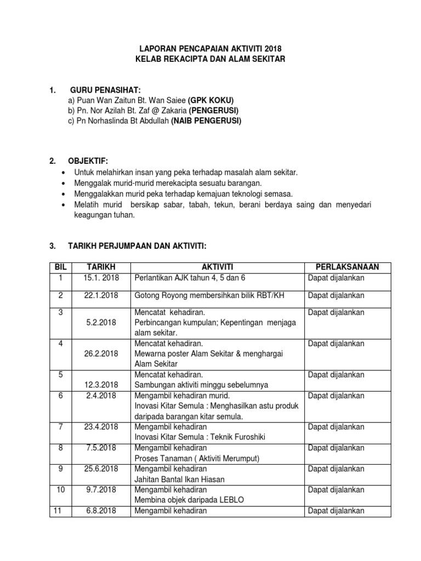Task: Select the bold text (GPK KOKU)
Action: (211, 101)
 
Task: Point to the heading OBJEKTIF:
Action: (88, 161)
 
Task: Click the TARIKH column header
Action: (101, 267)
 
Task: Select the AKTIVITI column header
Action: (218, 267)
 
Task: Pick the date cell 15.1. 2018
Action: (101, 278)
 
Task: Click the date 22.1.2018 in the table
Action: (101, 296)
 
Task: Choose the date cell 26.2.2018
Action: (101, 353)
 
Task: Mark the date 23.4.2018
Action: (101, 427)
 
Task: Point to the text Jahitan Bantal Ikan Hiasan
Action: (179, 479)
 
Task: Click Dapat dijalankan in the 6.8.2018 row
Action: (336, 511)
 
